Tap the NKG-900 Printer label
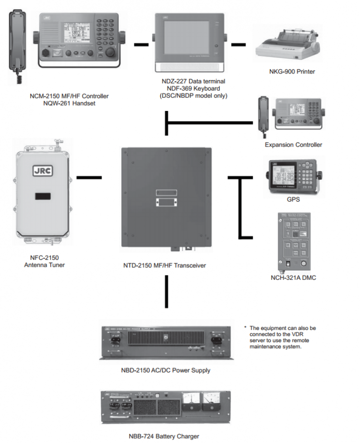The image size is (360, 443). point(292,72)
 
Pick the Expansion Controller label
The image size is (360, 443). point(293,145)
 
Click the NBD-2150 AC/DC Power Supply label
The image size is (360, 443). point(166,370)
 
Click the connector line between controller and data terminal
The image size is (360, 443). point(141,45)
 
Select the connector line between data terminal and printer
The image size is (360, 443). point(238,45)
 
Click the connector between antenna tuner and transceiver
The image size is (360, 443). point(89,178)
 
